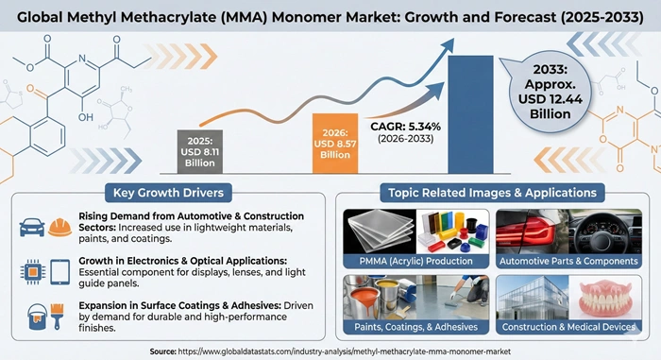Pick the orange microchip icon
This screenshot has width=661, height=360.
click(x=30, y=269)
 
